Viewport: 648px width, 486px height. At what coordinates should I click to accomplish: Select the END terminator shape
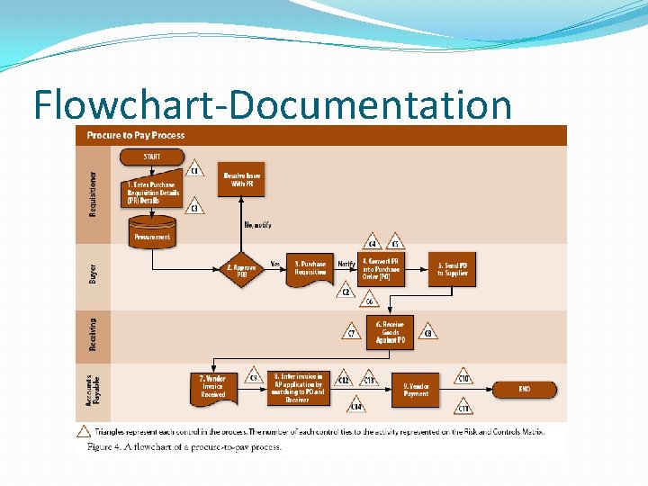(524, 390)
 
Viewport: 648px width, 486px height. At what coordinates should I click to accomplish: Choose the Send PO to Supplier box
(452, 268)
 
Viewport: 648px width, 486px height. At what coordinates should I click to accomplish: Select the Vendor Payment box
(417, 390)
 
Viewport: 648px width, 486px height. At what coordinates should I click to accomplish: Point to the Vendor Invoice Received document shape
(213, 388)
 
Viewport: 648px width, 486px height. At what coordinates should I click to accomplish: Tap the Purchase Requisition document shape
(310, 269)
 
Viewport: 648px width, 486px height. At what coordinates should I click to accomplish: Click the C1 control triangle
(194, 169)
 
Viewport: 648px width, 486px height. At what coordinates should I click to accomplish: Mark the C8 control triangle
(428, 333)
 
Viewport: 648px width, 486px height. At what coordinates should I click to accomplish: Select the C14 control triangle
(356, 408)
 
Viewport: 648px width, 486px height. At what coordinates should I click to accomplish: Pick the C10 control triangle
(463, 378)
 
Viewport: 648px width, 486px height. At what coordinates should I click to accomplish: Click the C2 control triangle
(346, 291)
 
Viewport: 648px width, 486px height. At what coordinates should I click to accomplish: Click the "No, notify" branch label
(257, 224)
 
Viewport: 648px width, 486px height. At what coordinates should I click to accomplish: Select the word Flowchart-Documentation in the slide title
(272, 105)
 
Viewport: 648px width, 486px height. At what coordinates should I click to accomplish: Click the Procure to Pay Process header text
(136, 135)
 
